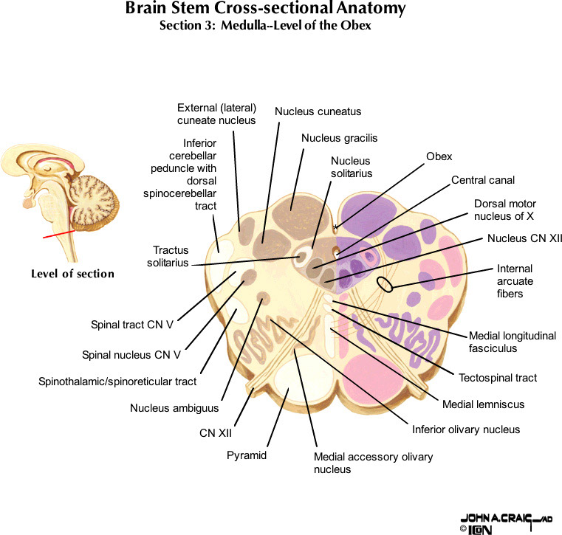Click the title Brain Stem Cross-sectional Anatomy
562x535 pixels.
pos(265,10)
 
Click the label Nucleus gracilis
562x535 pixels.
pos(339,138)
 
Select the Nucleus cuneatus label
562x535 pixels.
pos(318,111)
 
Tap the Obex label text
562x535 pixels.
pos(439,156)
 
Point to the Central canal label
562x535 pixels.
pos(483,179)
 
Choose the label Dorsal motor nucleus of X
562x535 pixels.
pos(505,210)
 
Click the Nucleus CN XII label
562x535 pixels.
pos(524,238)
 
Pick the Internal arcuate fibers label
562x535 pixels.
pos(515,281)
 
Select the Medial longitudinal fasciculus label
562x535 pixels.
pos(512,342)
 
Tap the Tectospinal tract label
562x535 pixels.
pos(497,378)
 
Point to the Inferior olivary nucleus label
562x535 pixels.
pos(465,429)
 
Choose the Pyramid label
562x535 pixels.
pos(246,455)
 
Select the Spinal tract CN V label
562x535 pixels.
pos(131,323)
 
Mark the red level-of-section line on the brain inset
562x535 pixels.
pos(58,234)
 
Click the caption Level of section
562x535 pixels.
pos(72,274)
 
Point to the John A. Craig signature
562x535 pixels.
pos(505,519)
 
